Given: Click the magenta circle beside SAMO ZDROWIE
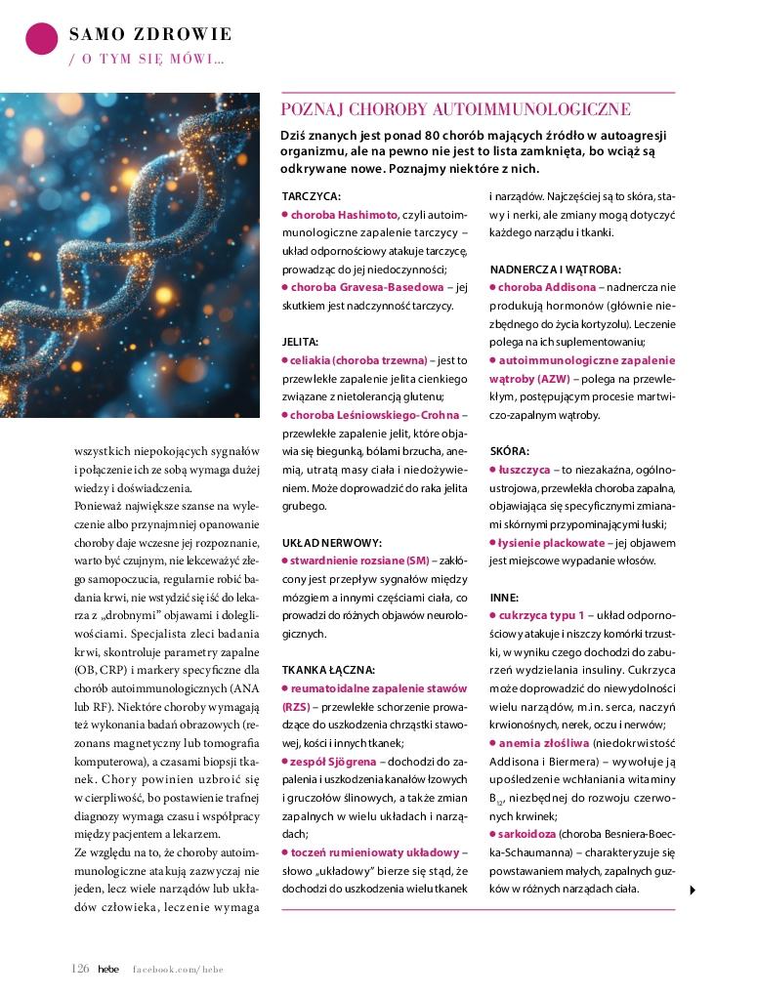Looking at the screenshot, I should tap(41, 38).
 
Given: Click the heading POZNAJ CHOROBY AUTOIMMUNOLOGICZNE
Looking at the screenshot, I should tap(455, 109).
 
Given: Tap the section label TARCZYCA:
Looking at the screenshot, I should tap(311, 196).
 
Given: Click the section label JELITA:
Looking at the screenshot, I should tap(301, 343).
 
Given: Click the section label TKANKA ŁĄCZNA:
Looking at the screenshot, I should tap(328, 670).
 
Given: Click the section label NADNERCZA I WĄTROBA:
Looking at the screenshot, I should tap(556, 269).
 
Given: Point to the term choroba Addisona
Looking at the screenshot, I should tap(546, 287).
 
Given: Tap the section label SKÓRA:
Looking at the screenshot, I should tap(509, 452).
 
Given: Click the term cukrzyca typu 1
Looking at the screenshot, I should tap(541, 615).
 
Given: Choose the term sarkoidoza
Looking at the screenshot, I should tap(527, 834).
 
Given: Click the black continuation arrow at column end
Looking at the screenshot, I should tap(692, 890).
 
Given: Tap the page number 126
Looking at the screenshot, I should tap(80, 968).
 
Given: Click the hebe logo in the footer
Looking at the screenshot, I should tap(108, 969).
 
